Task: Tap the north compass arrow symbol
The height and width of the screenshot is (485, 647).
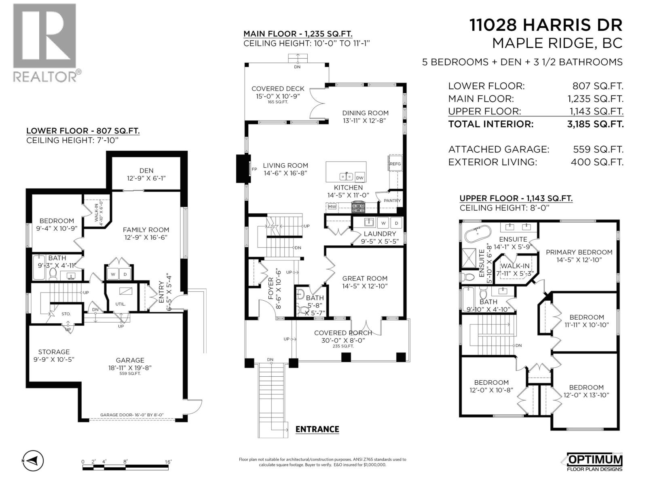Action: click(33, 460)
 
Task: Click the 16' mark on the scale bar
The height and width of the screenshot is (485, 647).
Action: click(168, 462)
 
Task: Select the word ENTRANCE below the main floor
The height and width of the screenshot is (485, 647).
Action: click(317, 429)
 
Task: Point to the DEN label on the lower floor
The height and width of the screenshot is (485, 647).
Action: click(146, 171)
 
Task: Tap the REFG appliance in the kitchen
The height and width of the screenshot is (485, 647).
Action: click(395, 164)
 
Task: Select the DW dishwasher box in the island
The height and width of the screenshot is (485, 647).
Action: click(359, 177)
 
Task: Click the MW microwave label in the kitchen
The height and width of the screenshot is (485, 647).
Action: click(332, 207)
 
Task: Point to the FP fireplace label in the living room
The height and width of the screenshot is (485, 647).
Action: click(254, 169)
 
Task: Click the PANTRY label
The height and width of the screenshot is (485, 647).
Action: click(392, 200)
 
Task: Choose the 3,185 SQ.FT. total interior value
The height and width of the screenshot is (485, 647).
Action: click(595, 124)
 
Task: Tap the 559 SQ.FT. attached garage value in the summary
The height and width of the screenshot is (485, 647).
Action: click(598, 149)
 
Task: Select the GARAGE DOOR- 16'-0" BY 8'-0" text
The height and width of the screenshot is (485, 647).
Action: click(132, 415)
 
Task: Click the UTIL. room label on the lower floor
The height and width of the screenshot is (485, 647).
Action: click(120, 304)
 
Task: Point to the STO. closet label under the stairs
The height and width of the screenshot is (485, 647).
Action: click(66, 314)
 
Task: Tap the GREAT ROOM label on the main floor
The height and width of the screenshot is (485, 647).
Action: click(365, 278)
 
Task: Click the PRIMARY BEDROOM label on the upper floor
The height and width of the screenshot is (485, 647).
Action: click(579, 252)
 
